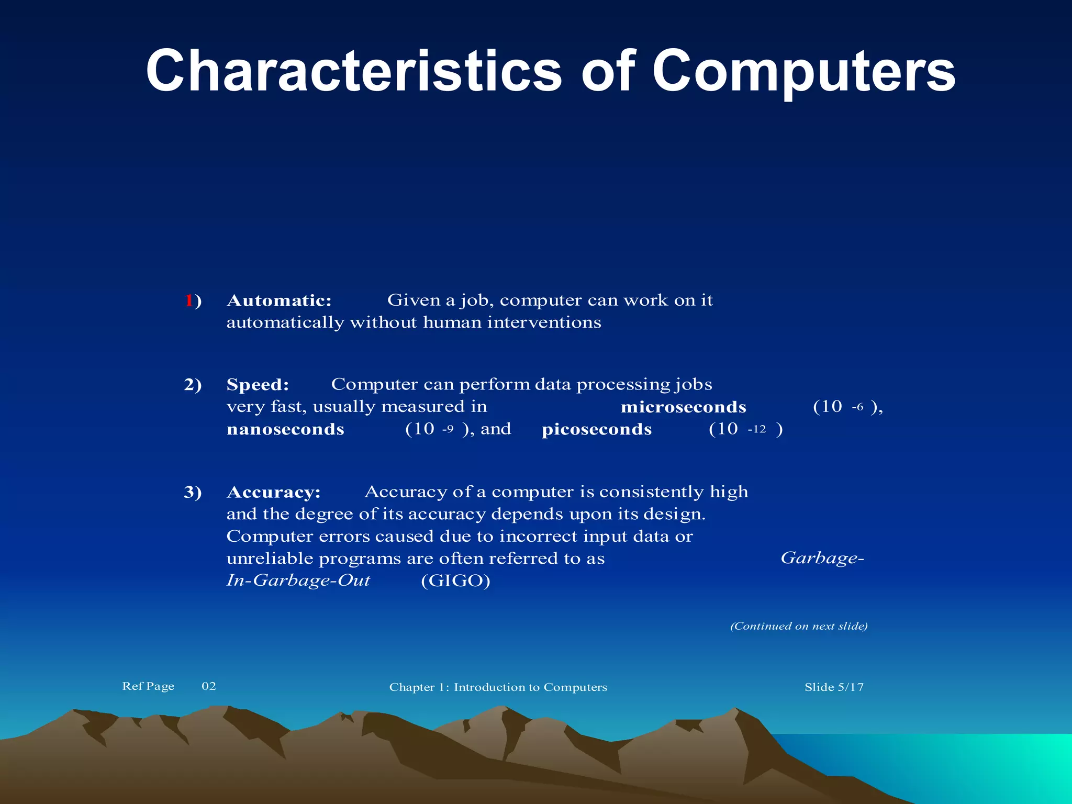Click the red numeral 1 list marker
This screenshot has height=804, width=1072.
click(x=188, y=300)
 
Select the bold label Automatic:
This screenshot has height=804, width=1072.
click(x=279, y=300)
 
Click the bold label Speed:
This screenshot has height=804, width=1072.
click(x=258, y=385)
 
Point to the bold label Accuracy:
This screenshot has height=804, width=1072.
click(x=273, y=492)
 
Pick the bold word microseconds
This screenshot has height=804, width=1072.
click(x=683, y=407)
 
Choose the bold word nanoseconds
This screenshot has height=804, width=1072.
click(x=285, y=429)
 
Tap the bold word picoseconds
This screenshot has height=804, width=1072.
click(x=597, y=429)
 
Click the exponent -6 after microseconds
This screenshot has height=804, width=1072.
click(x=857, y=407)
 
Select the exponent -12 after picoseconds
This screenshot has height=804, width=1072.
click(x=757, y=429)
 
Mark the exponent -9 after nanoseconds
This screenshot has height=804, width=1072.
click(x=448, y=429)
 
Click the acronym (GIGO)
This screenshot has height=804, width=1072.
click(x=455, y=580)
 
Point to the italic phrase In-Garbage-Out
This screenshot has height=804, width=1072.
click(x=298, y=580)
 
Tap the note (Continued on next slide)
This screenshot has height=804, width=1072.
click(x=799, y=626)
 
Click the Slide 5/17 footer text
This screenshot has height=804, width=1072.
click(x=834, y=687)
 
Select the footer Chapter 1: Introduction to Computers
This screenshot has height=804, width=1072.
click(x=498, y=687)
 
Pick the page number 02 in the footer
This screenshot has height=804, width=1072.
click(x=209, y=686)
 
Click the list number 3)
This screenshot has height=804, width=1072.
click(x=193, y=492)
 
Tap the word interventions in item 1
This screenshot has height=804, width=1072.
click(x=544, y=322)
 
